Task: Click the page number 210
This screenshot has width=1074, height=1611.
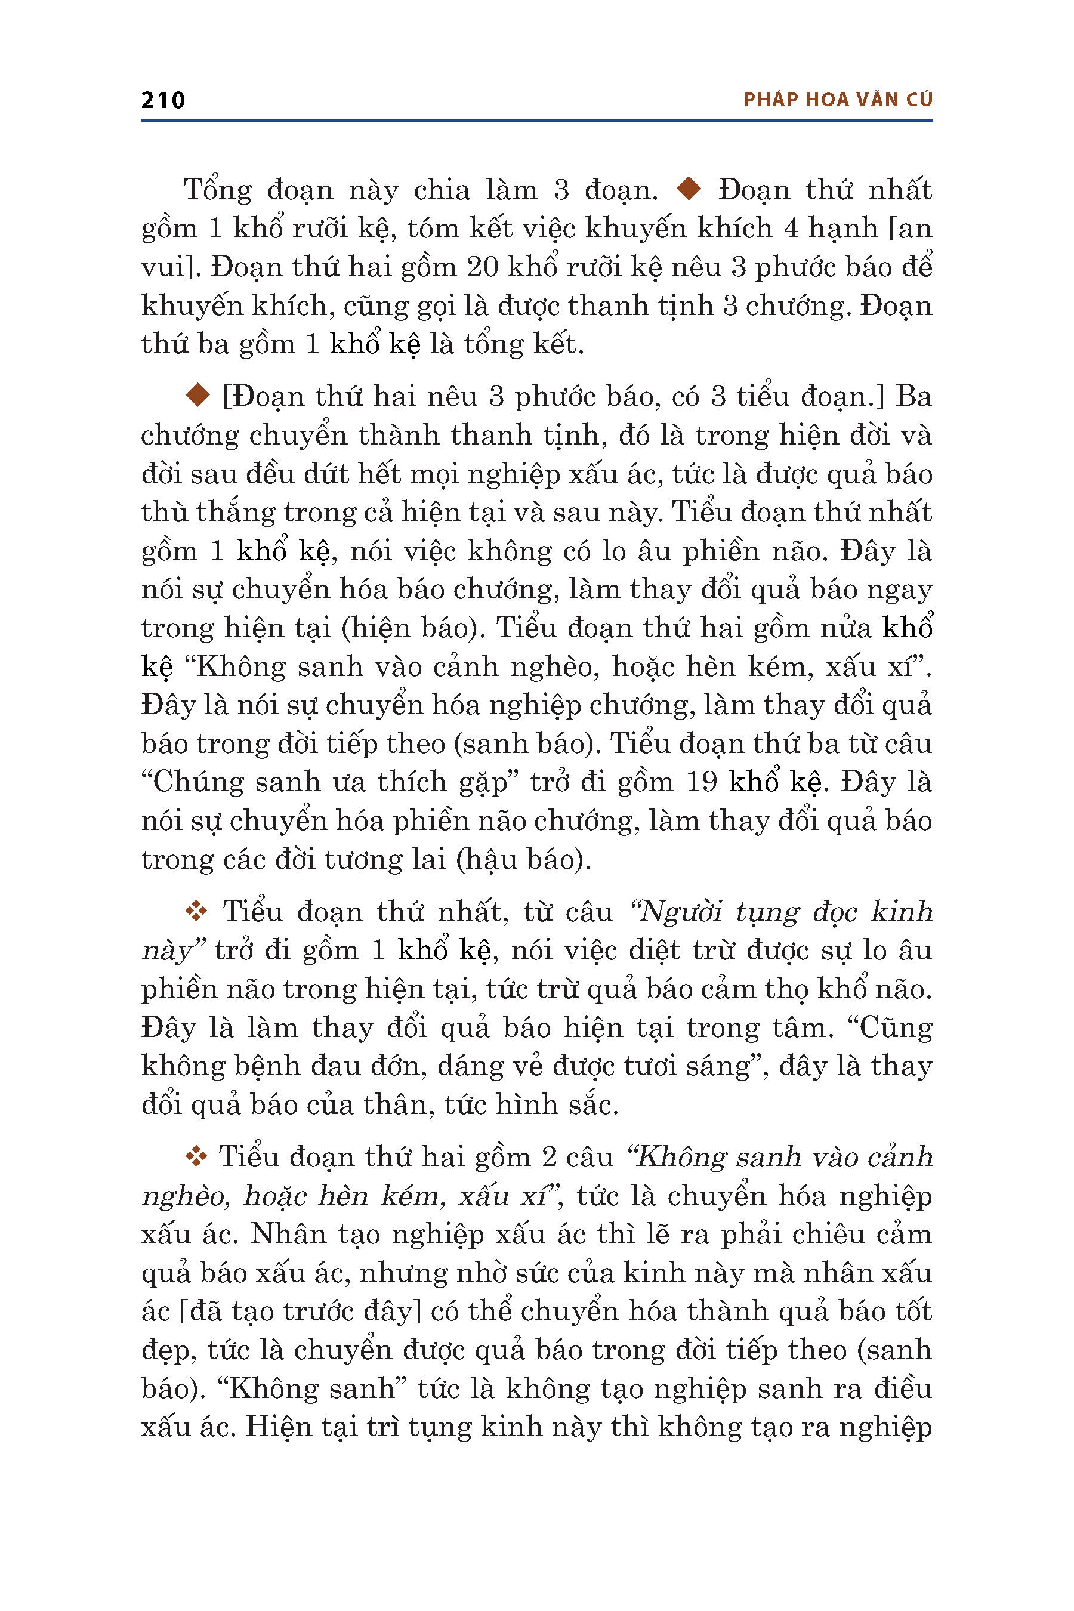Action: (x=163, y=100)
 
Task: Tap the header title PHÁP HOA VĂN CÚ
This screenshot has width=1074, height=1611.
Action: (x=838, y=100)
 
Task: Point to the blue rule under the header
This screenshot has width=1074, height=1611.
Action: (x=536, y=121)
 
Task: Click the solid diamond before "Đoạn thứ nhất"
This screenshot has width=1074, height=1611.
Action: (x=689, y=189)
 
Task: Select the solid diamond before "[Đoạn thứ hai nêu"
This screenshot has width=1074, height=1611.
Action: (x=198, y=394)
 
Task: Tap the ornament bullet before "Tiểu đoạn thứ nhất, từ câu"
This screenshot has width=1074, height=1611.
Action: (x=196, y=911)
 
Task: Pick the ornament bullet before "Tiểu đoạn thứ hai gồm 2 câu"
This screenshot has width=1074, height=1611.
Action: (x=196, y=1156)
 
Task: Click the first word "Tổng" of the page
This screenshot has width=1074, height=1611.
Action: (x=218, y=190)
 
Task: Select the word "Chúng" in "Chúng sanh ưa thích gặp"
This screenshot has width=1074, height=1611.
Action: (x=196, y=782)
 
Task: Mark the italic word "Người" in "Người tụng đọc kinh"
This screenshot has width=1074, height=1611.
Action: (x=680, y=912)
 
